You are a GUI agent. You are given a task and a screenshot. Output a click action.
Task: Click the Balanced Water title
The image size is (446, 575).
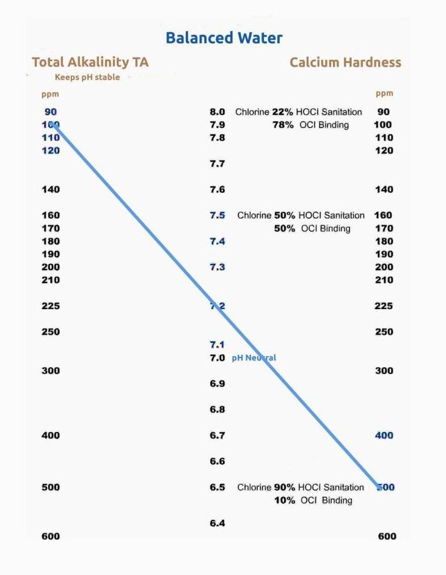224,38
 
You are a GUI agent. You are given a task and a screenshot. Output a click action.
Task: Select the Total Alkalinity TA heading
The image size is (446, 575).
90,62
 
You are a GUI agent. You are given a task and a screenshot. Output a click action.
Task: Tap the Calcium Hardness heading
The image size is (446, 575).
345,62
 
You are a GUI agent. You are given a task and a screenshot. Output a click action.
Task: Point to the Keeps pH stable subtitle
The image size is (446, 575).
87,78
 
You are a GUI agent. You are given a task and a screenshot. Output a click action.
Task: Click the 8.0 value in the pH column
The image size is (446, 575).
218,112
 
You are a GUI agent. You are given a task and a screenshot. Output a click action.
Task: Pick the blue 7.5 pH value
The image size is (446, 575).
218,215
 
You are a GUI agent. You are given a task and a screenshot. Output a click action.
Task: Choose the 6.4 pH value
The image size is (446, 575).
218,523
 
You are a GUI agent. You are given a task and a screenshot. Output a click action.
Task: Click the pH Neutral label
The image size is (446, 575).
254,357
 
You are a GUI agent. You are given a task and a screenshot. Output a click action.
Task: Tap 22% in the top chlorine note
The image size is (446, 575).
282,112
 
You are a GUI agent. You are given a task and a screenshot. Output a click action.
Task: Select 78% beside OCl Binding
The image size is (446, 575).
283,125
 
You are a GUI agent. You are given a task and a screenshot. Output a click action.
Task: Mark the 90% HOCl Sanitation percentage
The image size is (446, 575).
284,487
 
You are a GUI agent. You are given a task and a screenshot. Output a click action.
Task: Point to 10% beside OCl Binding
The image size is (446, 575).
284,500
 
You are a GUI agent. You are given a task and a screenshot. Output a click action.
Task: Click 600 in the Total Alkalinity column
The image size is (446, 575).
51,536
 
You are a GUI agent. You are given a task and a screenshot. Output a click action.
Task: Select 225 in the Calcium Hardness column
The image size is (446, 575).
384,306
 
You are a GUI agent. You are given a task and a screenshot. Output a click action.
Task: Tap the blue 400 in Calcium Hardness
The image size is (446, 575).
384,435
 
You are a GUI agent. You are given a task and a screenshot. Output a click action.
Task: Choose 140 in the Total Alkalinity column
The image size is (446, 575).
51,189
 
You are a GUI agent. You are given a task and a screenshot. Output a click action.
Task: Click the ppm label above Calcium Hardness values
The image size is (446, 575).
384,93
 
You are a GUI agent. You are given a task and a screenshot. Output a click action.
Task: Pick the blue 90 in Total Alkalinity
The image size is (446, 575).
51,112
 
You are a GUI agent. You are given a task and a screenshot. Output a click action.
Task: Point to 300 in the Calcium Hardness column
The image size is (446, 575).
384,370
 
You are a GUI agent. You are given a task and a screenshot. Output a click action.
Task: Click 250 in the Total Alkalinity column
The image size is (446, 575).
51,331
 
